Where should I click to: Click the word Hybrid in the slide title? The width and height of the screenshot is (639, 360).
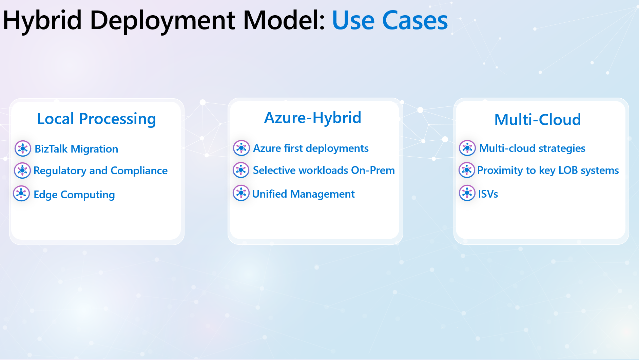42,20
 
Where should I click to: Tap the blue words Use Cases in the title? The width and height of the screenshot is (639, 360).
390,20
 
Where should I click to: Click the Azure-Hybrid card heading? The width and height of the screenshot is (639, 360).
313,118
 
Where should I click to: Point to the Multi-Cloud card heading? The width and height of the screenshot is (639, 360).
538,120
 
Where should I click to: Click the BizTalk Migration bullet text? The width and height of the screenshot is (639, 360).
76,149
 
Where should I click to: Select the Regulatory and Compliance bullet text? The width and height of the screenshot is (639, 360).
100,171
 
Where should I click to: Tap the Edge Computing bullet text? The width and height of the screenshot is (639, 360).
74,195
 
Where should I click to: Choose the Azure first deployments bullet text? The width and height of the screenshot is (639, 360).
311,148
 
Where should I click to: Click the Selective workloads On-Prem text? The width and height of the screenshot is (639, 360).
324,170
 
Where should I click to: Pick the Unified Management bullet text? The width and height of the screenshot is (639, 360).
304,194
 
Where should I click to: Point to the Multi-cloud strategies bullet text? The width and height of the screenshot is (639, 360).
532,148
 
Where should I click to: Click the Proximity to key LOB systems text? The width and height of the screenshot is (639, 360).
548,171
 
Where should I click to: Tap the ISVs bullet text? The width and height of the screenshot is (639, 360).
488,194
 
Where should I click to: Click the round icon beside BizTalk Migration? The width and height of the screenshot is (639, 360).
23,148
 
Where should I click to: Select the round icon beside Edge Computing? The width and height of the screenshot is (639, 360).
21,194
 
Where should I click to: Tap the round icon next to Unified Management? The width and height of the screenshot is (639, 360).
241,193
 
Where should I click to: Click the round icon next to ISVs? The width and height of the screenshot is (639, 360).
467,193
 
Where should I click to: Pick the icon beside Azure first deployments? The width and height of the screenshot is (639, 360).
241,148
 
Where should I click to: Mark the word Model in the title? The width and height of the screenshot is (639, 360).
284,20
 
